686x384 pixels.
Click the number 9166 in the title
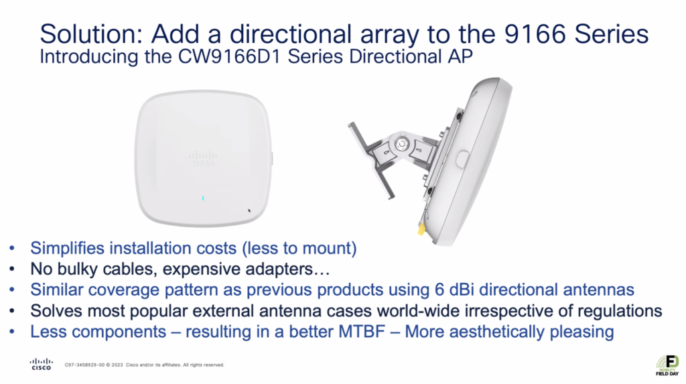click(535, 34)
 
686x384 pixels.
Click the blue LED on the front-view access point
click(203, 198)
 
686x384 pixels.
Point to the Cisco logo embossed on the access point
click(203, 159)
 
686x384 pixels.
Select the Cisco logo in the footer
click(41, 365)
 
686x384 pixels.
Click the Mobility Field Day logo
click(668, 365)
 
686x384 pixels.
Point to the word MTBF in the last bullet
click(361, 332)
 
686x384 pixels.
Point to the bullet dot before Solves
click(12, 312)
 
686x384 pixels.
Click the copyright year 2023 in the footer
click(117, 365)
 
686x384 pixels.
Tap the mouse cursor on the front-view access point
click(249, 211)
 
